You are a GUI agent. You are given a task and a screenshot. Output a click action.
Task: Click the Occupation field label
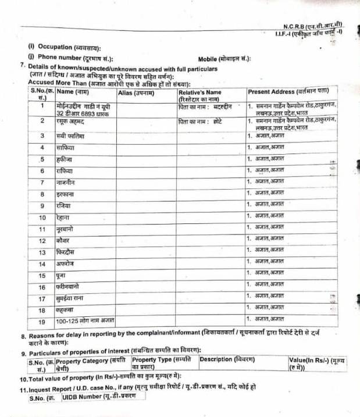(x=64, y=47)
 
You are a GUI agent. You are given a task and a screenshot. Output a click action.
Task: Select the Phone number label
(x=75, y=58)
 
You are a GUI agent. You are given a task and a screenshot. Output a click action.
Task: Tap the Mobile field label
(x=224, y=59)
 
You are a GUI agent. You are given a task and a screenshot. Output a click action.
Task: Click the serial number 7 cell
(x=42, y=182)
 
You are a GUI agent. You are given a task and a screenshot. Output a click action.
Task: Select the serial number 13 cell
(x=42, y=252)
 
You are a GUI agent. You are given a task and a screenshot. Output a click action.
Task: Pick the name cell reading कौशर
(x=64, y=240)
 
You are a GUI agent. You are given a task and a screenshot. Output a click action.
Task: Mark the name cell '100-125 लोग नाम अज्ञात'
(x=85, y=320)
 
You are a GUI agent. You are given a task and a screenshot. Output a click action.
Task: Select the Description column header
(x=227, y=359)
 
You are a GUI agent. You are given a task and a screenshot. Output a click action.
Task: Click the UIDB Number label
(x=90, y=398)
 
